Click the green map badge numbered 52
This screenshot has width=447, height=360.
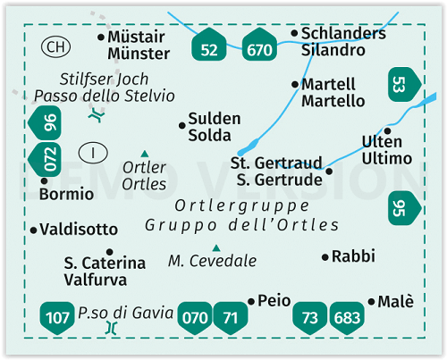[x=209, y=45]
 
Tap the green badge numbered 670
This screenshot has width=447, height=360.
[x=259, y=45]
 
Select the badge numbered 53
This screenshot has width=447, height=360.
[x=405, y=84]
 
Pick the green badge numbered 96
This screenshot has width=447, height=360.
[x=45, y=122]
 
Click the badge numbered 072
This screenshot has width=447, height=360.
[x=45, y=159]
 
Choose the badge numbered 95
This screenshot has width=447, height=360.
[x=405, y=208]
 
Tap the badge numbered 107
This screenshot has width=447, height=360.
[x=57, y=318]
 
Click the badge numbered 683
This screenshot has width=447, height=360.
[x=347, y=318]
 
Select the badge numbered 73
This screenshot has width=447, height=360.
[x=310, y=318]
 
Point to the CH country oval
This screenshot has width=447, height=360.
[x=55, y=46]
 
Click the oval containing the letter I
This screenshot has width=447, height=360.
[x=93, y=153]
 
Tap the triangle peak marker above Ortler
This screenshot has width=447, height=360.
[x=145, y=154]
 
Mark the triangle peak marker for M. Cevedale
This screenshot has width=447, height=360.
[x=216, y=248]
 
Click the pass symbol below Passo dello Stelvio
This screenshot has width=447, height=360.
[x=97, y=114]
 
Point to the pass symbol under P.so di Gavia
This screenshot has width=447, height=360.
[x=112, y=328]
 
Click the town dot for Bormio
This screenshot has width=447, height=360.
[x=44, y=180]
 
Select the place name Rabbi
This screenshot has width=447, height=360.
[x=353, y=256]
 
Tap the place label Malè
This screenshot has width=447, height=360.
[x=396, y=301]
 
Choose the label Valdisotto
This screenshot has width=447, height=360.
[x=79, y=230]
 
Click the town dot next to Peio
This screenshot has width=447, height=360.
[x=251, y=302]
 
